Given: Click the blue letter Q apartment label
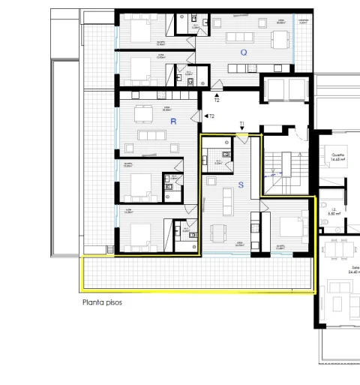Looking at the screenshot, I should point(243,53).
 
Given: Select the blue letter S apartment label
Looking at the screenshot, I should point(240,184).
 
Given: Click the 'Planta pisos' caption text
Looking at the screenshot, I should point(102,302).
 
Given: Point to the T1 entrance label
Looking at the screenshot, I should point(241,125).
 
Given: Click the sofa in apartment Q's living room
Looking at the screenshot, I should point(241,37).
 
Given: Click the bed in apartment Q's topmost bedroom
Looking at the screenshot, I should point(139,31).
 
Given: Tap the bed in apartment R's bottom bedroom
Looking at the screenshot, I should point(139,236).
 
